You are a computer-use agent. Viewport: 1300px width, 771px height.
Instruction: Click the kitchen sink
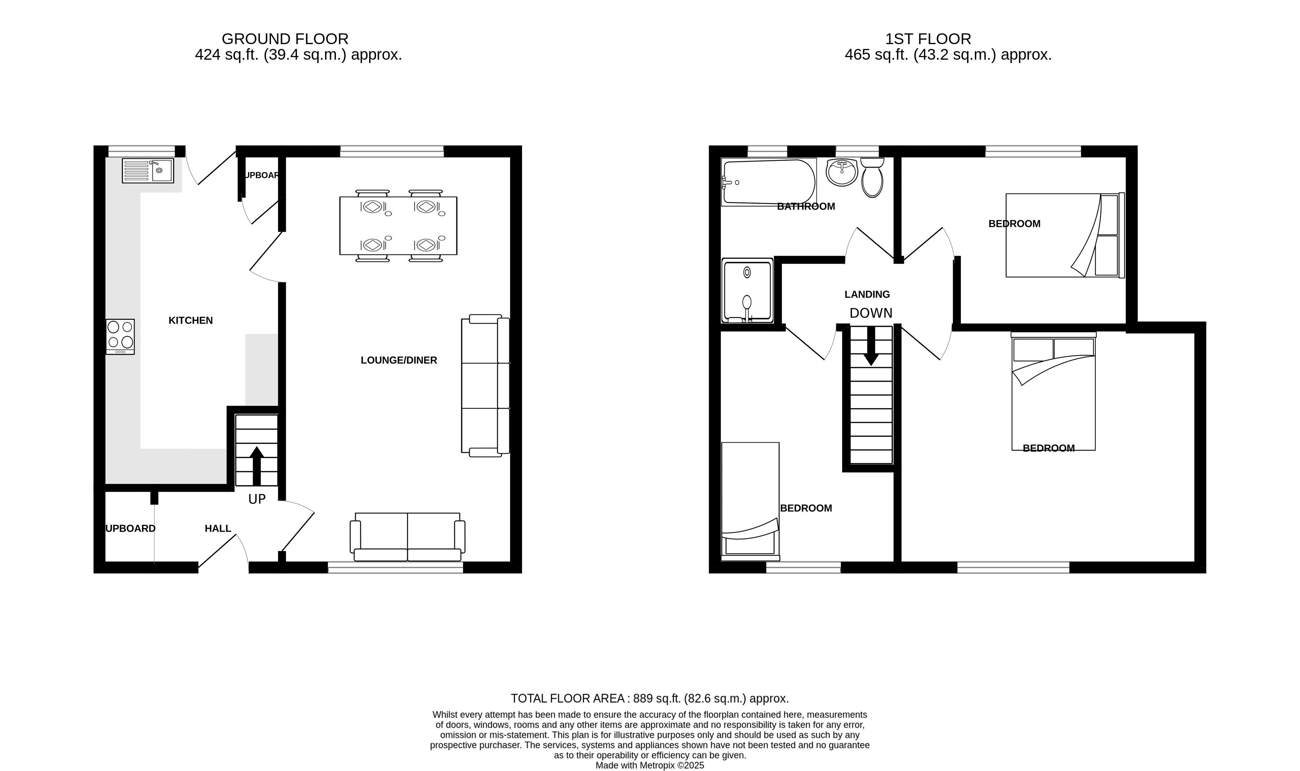pyautogui.click(x=148, y=171)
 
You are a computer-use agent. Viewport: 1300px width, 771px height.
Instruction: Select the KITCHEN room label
pyautogui.click(x=191, y=320)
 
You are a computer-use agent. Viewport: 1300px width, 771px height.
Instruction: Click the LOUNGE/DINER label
pyautogui.click(x=399, y=360)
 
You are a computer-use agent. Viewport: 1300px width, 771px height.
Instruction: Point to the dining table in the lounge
pyautogui.click(x=398, y=225)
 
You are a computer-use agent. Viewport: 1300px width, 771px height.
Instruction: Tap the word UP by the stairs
pyautogui.click(x=257, y=499)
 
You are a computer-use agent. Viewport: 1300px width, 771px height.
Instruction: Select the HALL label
pyautogui.click(x=218, y=528)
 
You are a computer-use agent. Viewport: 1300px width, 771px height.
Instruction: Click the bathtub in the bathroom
pyautogui.click(x=769, y=181)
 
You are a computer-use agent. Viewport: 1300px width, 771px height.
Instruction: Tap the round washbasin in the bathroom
pyautogui.click(x=842, y=172)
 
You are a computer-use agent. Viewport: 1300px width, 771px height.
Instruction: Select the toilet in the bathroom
pyautogui.click(x=872, y=177)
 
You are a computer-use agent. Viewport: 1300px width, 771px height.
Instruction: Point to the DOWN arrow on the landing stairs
pyautogui.click(x=871, y=346)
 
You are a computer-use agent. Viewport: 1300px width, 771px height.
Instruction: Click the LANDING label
pyautogui.click(x=867, y=294)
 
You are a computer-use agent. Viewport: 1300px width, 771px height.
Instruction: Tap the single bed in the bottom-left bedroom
pyautogui.click(x=750, y=501)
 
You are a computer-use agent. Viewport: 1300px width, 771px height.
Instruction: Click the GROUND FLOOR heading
pyautogui.click(x=285, y=39)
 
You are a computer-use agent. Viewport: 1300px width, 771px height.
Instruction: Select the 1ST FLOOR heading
pyautogui.click(x=928, y=39)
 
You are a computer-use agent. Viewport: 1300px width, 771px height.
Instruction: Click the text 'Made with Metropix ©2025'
pyautogui.click(x=649, y=765)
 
